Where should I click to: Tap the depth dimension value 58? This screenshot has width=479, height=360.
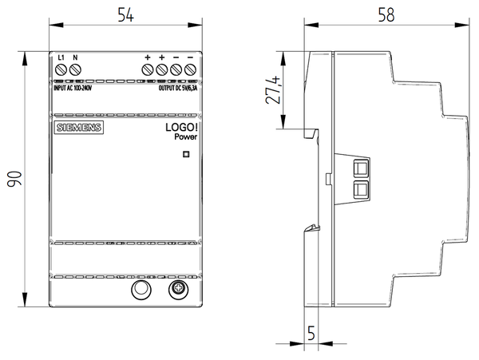[x=386, y=15]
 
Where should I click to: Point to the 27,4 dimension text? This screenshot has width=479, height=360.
[x=271, y=92]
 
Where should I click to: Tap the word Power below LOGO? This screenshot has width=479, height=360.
[x=184, y=137]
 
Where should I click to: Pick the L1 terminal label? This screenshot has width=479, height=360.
[x=62, y=58]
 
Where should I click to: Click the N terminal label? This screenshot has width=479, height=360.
[x=75, y=58]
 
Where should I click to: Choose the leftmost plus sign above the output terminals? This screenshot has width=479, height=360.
[x=148, y=57]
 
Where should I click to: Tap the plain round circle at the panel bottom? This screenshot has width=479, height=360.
[x=141, y=290]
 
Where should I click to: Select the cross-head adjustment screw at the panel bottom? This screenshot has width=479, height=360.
[x=176, y=290]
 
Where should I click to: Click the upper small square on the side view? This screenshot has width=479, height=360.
[x=360, y=169]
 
